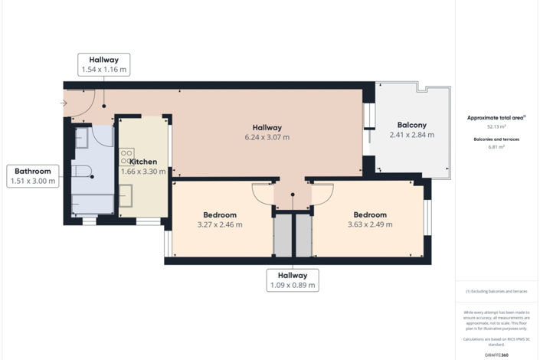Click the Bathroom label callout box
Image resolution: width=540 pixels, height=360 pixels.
pos(32,176)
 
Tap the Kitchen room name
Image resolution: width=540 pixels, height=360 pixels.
pos(143,162)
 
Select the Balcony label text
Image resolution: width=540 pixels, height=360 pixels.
pos(411,125)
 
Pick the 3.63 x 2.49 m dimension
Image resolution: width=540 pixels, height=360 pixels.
pos(369,225)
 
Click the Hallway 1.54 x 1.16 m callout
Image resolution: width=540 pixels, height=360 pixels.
pos(104,64)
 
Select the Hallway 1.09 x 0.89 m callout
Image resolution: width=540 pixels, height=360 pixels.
pos(293,280)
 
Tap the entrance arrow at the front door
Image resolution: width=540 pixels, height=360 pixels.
pos(64,103)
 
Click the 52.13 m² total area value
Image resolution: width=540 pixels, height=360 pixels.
pos(496,126)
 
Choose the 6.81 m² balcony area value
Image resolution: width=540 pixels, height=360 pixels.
pos(496,147)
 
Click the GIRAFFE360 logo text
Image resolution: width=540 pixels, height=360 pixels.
pos(496,355)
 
